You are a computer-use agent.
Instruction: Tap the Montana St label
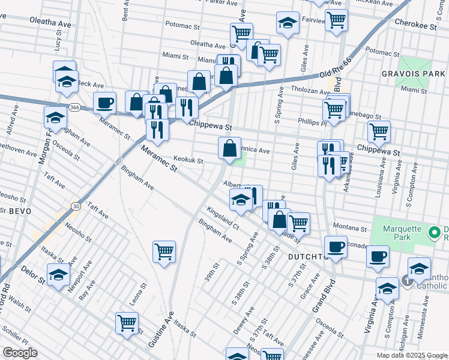(350, 229)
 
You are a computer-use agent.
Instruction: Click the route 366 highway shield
(74, 107)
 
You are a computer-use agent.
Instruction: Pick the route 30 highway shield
(76, 206)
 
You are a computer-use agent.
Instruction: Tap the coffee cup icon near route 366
(105, 103)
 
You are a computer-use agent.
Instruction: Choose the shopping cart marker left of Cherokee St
(337, 19)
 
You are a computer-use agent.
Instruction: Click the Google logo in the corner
(20, 353)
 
